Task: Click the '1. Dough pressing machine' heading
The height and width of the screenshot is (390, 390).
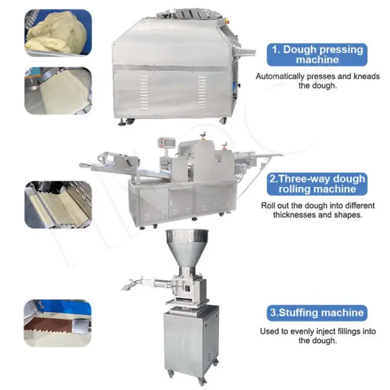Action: (x=317, y=55)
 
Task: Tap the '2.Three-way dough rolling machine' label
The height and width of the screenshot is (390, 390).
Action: (x=317, y=184)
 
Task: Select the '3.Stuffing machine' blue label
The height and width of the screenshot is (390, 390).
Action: (x=317, y=313)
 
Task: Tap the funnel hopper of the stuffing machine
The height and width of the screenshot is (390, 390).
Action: (x=187, y=248)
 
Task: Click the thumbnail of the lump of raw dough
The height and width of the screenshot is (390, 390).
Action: (x=58, y=33)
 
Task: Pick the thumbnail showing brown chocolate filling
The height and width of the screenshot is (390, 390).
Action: (x=58, y=323)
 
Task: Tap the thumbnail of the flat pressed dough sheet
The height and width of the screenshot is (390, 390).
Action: (x=58, y=91)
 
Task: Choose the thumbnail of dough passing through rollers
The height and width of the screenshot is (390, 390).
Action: (x=58, y=204)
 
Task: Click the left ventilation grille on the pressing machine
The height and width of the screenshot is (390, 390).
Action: (x=144, y=92)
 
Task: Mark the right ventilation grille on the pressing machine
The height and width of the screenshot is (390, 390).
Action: (x=202, y=92)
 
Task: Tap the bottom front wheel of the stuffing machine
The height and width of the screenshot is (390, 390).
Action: (x=202, y=380)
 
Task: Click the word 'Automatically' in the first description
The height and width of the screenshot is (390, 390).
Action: (x=280, y=76)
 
